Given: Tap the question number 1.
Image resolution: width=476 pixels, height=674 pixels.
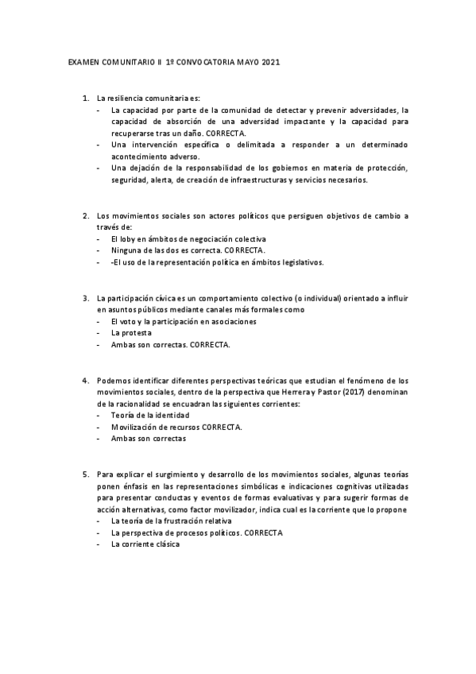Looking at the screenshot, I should pos(85,98).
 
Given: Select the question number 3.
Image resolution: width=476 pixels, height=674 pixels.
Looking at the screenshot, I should pos(85,298).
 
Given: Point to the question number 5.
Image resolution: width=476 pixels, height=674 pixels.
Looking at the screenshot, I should pos(85,474).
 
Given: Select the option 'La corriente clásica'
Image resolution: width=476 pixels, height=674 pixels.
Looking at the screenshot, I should pos(145,544).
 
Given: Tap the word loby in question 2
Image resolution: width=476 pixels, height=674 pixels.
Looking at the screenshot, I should pos(127,239).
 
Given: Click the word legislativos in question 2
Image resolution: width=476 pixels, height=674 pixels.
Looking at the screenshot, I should pos(300,262).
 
